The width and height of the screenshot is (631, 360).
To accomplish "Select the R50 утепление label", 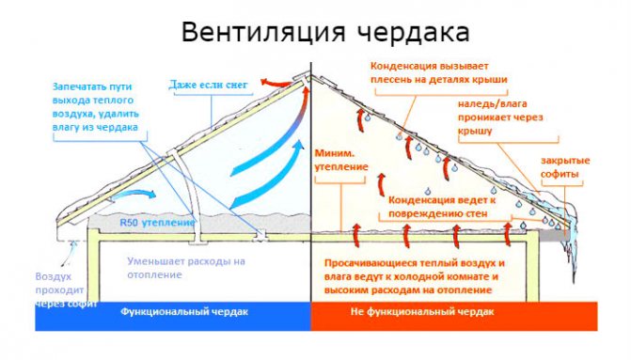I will (155, 223).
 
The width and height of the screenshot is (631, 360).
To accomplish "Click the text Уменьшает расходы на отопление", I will (186, 268).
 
